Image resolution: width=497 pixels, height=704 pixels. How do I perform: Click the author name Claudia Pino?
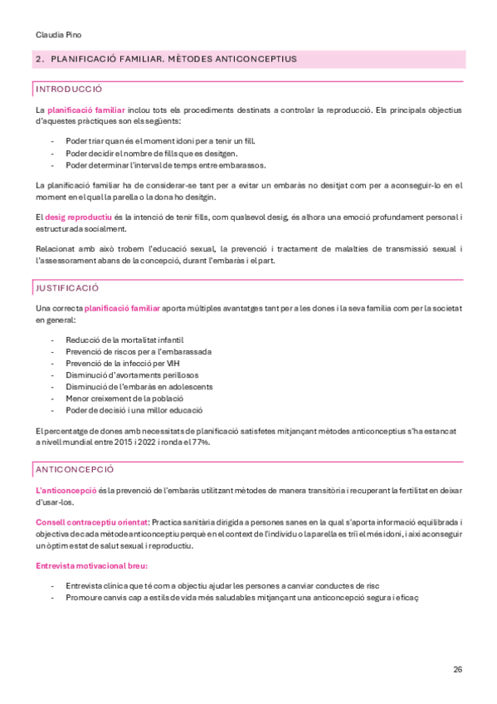point(58,35)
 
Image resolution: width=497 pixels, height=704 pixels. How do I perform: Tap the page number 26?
point(457,669)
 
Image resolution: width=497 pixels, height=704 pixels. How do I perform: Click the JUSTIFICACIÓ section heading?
point(66,287)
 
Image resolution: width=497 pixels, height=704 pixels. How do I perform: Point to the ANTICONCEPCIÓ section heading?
point(74,469)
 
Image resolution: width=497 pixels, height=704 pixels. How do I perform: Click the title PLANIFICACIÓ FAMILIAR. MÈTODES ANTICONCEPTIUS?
point(173,60)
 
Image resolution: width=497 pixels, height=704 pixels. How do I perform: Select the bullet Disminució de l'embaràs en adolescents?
point(139,387)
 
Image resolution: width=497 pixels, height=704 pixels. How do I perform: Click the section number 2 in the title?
point(40,60)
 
